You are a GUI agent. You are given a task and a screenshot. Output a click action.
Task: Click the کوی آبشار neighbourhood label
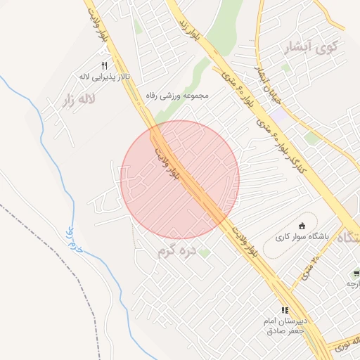click(309, 48)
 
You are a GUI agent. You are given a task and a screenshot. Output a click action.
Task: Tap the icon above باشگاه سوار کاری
click(302, 226)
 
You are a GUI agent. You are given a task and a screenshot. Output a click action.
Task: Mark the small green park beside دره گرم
click(204, 252)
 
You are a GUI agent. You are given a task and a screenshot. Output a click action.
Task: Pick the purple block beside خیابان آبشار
click(279, 112)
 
